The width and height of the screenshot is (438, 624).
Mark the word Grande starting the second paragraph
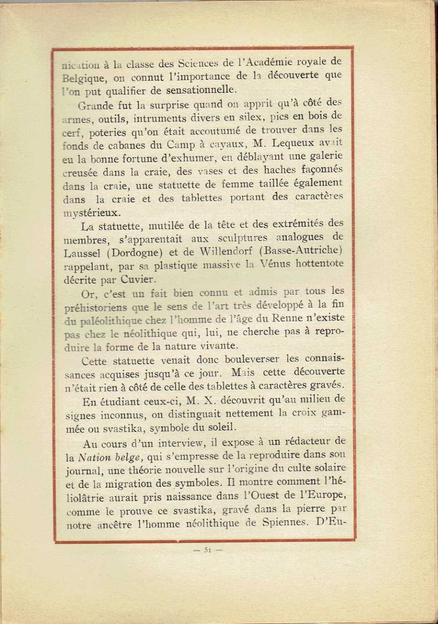pyautogui.click(x=95, y=102)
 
